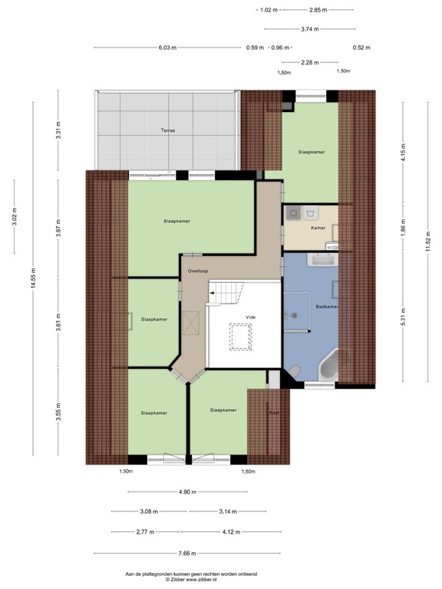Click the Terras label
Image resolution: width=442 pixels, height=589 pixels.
(x=168, y=130)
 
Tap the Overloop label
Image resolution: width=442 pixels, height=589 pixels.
(x=198, y=271)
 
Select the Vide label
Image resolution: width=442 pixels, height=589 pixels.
(x=250, y=316)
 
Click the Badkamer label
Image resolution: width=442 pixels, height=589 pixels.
(x=326, y=307)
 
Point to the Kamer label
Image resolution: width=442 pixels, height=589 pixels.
(x=318, y=229)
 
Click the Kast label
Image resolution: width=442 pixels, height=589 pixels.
(x=274, y=413)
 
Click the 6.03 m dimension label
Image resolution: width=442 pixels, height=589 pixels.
(x=167, y=48)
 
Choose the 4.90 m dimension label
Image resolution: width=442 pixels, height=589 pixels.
(x=187, y=492)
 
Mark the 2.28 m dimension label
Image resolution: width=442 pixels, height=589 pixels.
(x=310, y=63)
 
